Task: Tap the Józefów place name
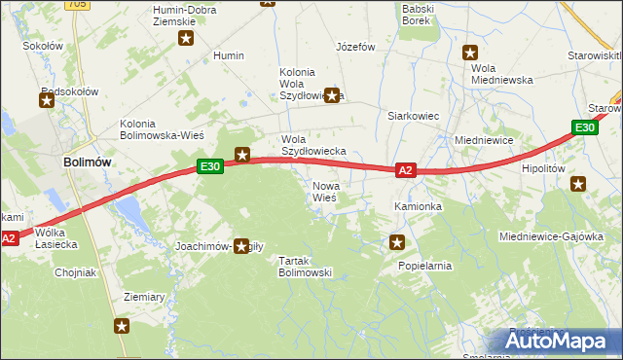pos(355,46)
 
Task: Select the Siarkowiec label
pos(414,116)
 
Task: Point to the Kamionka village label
pos(418,207)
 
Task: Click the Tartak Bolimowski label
pos(306,267)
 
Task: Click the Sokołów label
pos(42,46)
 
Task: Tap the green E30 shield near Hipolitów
pos(583,127)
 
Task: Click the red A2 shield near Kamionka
pos(407,170)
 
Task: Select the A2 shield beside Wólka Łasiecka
pos(10,238)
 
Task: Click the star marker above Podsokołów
pos(47,98)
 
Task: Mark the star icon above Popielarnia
pos(396,241)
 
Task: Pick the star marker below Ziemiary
pos(122,326)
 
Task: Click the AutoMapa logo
pos(558,341)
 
